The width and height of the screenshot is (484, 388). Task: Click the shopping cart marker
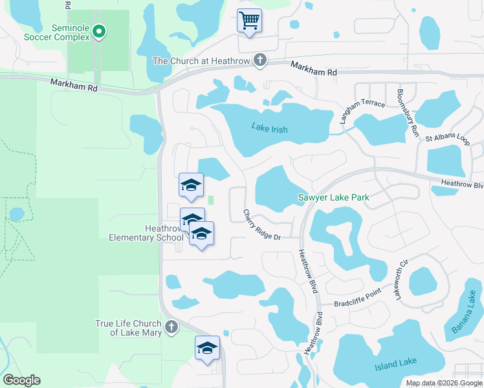point(249,19)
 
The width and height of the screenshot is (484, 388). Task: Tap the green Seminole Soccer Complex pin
point(99,30)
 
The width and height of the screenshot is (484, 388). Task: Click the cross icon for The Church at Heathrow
point(259,61)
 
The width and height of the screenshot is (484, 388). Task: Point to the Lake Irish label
point(269,129)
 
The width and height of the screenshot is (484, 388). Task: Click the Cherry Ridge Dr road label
point(261,224)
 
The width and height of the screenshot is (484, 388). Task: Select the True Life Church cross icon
point(171,327)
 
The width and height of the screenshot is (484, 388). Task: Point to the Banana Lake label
point(463,316)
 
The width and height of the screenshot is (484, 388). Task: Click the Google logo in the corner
point(21,380)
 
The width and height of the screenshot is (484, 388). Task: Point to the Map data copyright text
point(444,383)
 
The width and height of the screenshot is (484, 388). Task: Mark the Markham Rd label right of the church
point(314,69)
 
